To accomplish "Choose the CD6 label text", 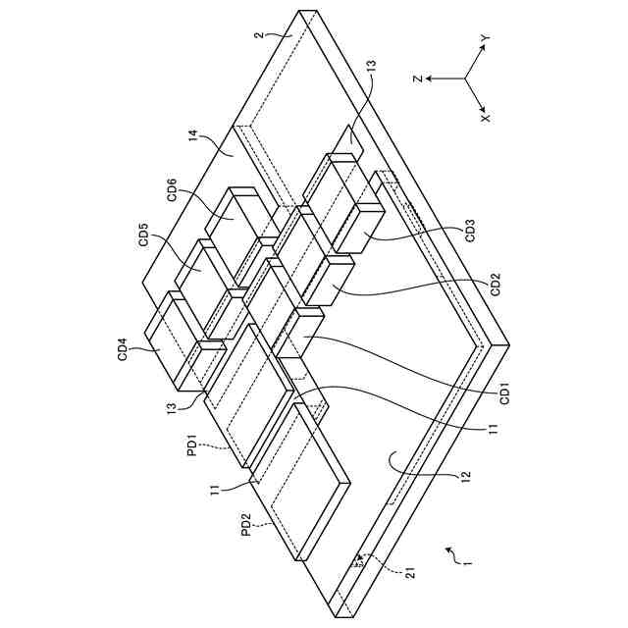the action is (172, 189).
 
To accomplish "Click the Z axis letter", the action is (417, 79).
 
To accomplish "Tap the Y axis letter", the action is (484, 38).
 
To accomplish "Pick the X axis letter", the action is (484, 115).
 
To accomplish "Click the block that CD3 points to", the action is (364, 229).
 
